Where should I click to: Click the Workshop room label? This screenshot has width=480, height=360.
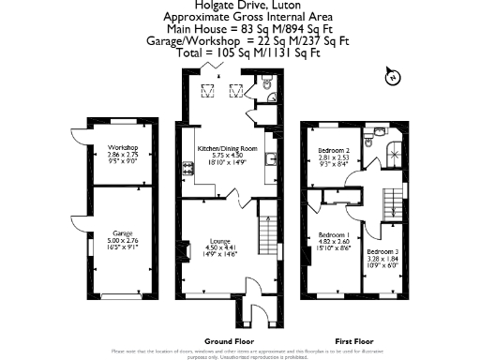point(123,148)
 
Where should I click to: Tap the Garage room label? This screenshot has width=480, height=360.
point(123,233)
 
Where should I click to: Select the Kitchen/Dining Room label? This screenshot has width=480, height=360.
point(226,148)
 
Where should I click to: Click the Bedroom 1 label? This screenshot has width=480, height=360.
point(334,234)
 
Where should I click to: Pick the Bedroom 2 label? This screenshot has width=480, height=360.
point(334,151)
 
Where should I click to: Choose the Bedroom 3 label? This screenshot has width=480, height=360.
point(382,251)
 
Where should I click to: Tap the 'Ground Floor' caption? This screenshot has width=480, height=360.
point(228,341)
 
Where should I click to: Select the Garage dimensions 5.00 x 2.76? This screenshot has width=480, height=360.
point(123,241)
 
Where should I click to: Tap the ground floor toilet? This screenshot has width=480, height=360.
point(268,91)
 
